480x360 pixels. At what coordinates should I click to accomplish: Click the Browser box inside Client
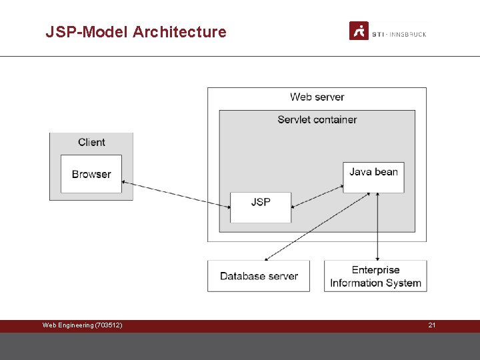click(x=91, y=174)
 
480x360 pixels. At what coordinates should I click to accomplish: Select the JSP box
click(x=261, y=207)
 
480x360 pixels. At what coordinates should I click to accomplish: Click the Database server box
click(x=259, y=276)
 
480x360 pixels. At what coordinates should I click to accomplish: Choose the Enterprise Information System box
click(x=375, y=276)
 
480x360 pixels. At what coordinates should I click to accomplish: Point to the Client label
click(x=91, y=142)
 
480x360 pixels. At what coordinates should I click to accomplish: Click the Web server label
click(x=317, y=97)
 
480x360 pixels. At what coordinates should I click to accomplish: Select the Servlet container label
click(x=317, y=120)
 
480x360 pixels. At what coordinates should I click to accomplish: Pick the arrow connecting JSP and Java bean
click(x=317, y=195)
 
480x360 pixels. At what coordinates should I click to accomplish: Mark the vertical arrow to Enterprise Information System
click(x=378, y=227)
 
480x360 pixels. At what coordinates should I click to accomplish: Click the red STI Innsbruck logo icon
click(x=359, y=31)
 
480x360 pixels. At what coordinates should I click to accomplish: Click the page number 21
click(x=432, y=325)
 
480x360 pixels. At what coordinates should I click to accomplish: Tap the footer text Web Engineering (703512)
click(x=82, y=325)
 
